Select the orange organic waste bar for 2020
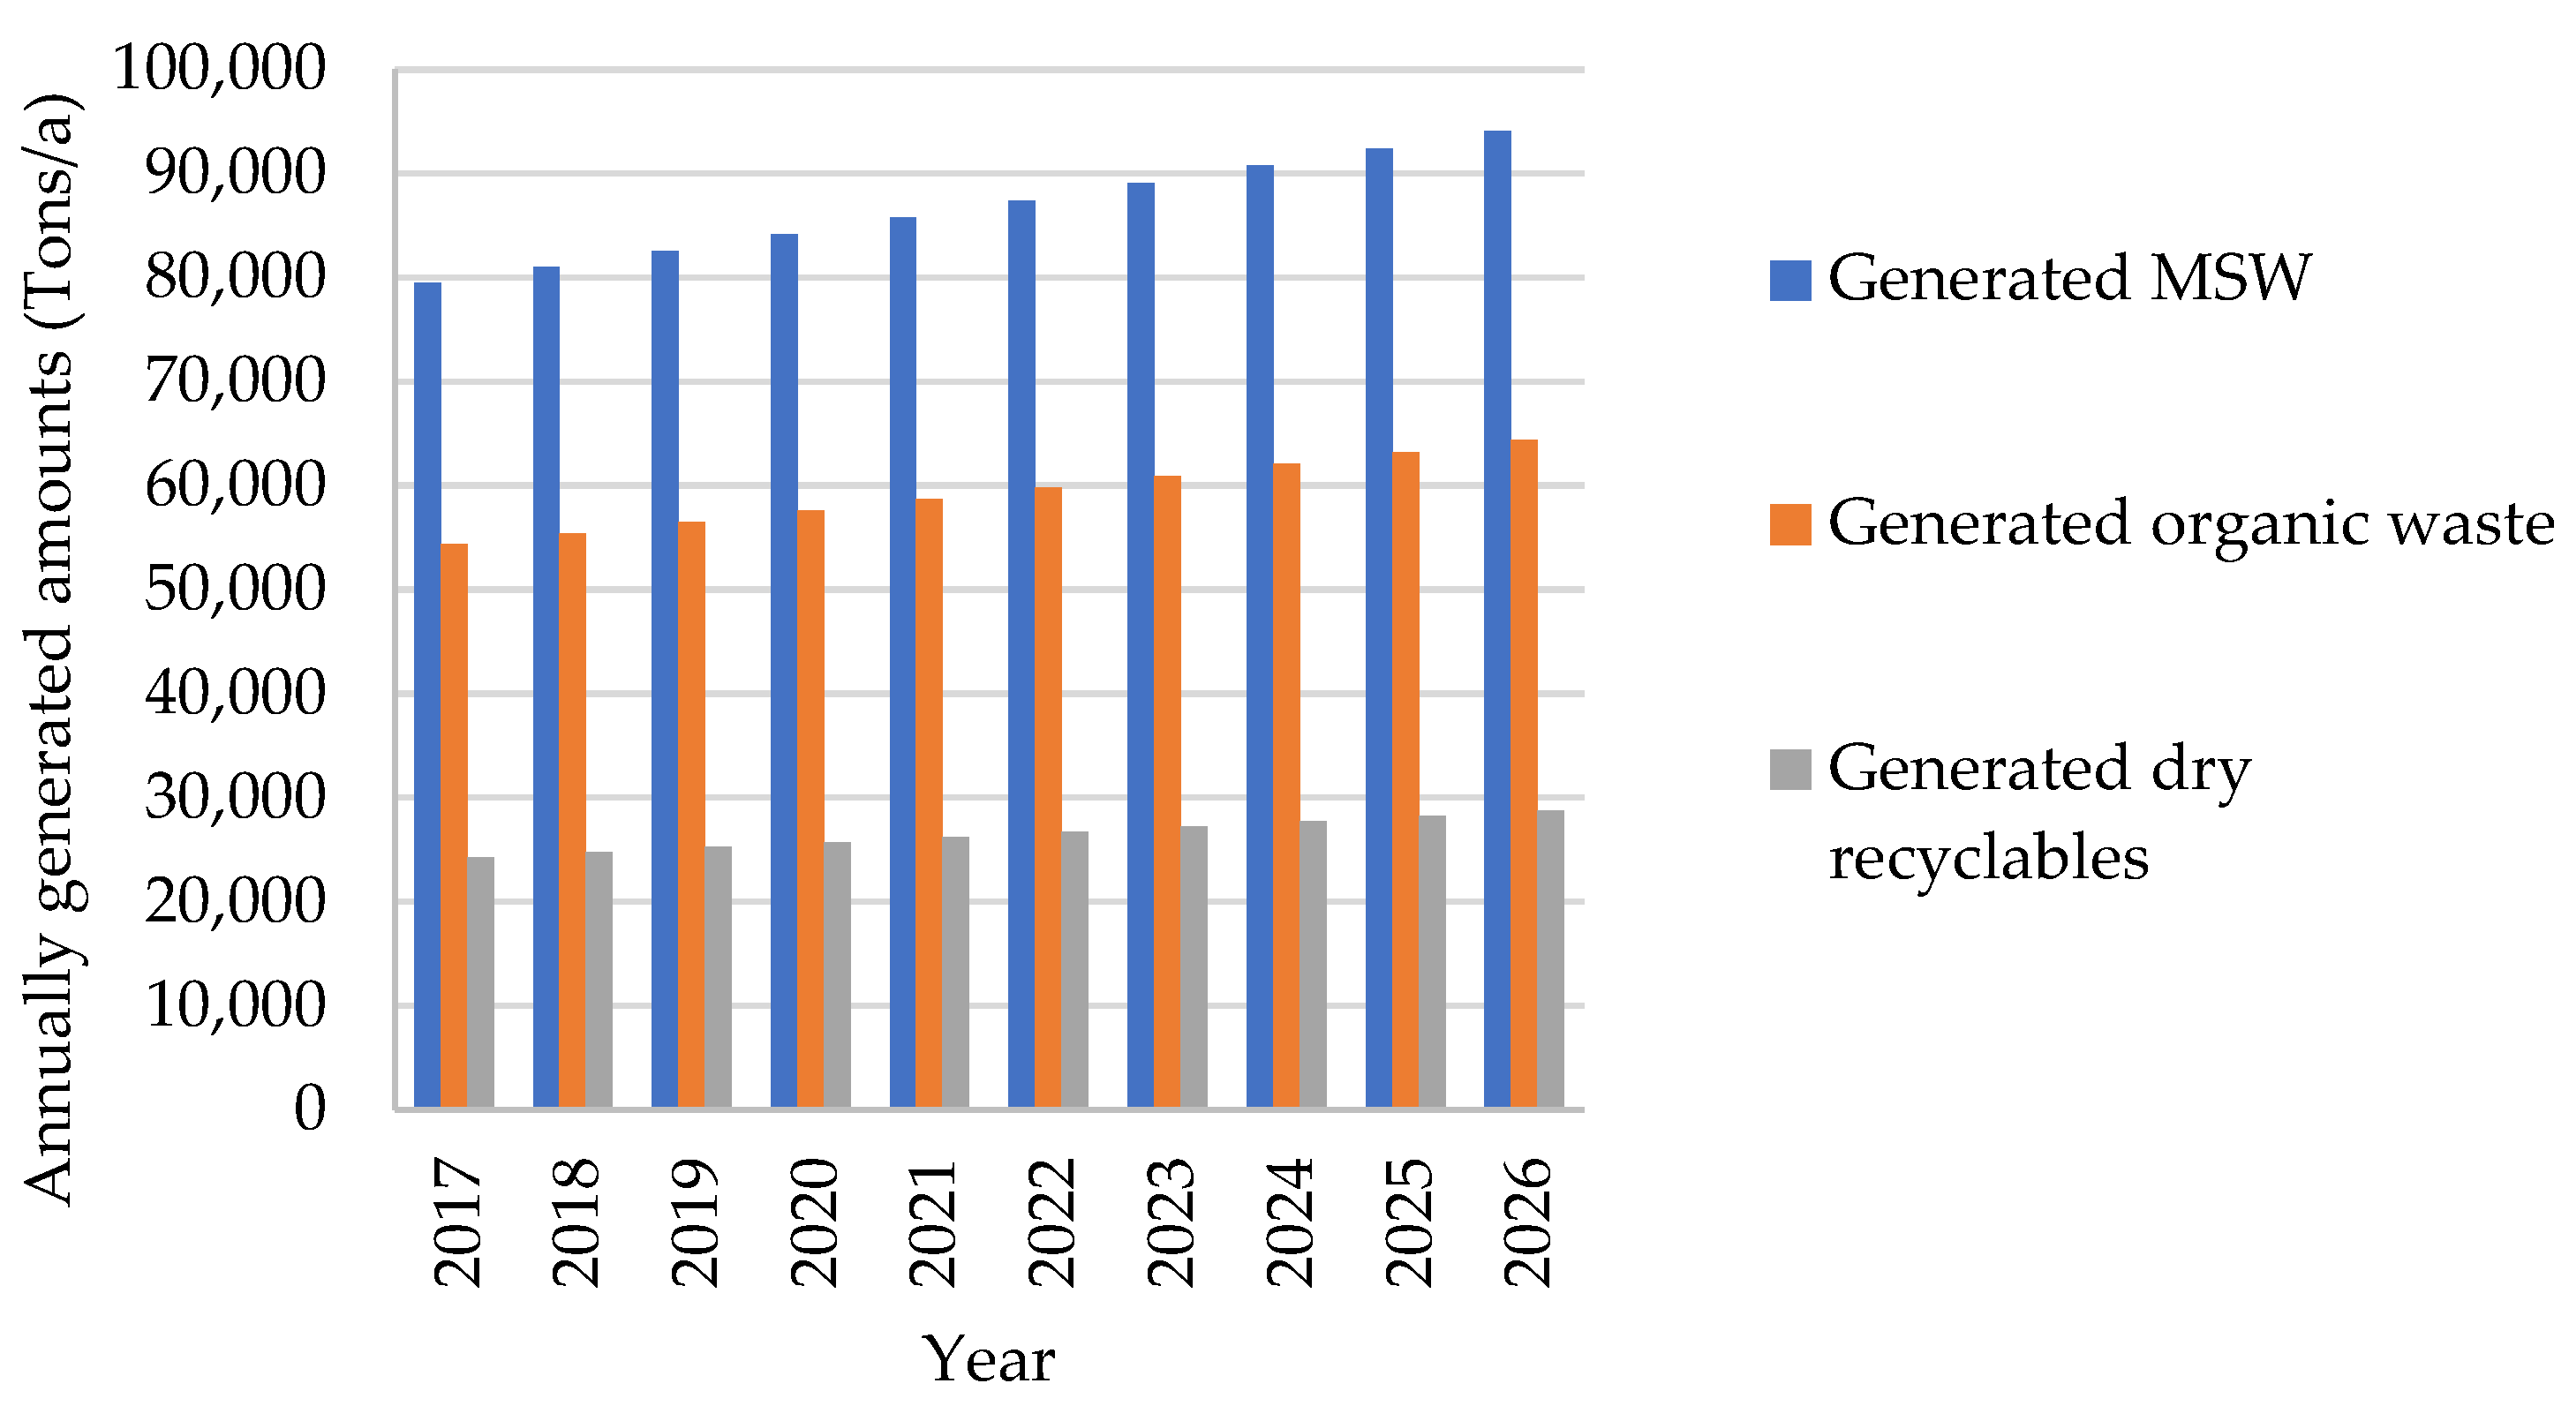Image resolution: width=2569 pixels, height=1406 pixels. pos(810,808)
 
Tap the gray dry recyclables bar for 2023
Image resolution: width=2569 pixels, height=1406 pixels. pos(1194,966)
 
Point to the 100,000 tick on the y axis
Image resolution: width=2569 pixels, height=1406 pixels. pos(220,69)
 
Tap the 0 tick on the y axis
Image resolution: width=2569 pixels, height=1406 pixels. pos(309,1108)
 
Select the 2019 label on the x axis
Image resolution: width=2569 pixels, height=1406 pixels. pos(694,1222)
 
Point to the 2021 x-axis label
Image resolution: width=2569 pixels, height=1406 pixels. pos(932,1222)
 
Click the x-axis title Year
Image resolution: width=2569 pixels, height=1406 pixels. pos(987,1358)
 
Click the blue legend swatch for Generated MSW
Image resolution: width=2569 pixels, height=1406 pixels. pos(1790,280)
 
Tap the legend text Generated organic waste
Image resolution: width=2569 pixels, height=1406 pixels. pos(2190,523)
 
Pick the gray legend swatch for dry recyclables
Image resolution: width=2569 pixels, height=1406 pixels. pos(1790,770)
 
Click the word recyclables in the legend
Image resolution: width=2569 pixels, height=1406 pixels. pos(1987,858)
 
